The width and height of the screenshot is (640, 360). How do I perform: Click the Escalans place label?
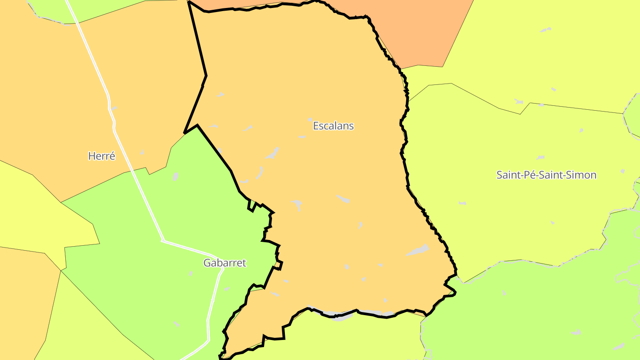click(x=333, y=126)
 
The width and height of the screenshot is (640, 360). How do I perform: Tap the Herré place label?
click(x=102, y=156)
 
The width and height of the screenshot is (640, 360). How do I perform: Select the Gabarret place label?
click(x=224, y=263)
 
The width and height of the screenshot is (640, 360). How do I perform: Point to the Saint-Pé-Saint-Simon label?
click(x=546, y=175)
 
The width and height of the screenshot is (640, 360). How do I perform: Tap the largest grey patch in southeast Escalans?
click(x=418, y=250)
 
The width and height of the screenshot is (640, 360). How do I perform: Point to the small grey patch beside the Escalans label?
click(x=310, y=120)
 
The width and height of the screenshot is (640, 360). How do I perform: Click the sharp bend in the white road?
click(x=163, y=241)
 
